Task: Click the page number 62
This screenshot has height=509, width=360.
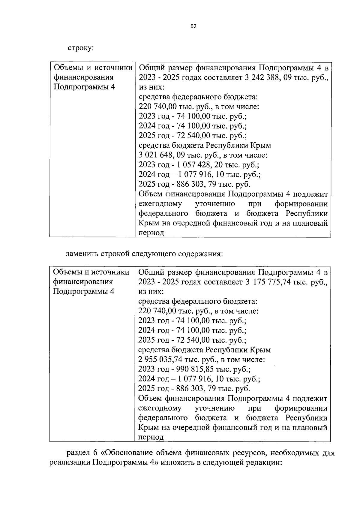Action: pyautogui.click(x=193, y=26)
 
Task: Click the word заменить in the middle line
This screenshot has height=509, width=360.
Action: pyautogui.click(x=82, y=254)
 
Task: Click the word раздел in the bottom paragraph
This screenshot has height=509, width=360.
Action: pyautogui.click(x=76, y=453)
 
